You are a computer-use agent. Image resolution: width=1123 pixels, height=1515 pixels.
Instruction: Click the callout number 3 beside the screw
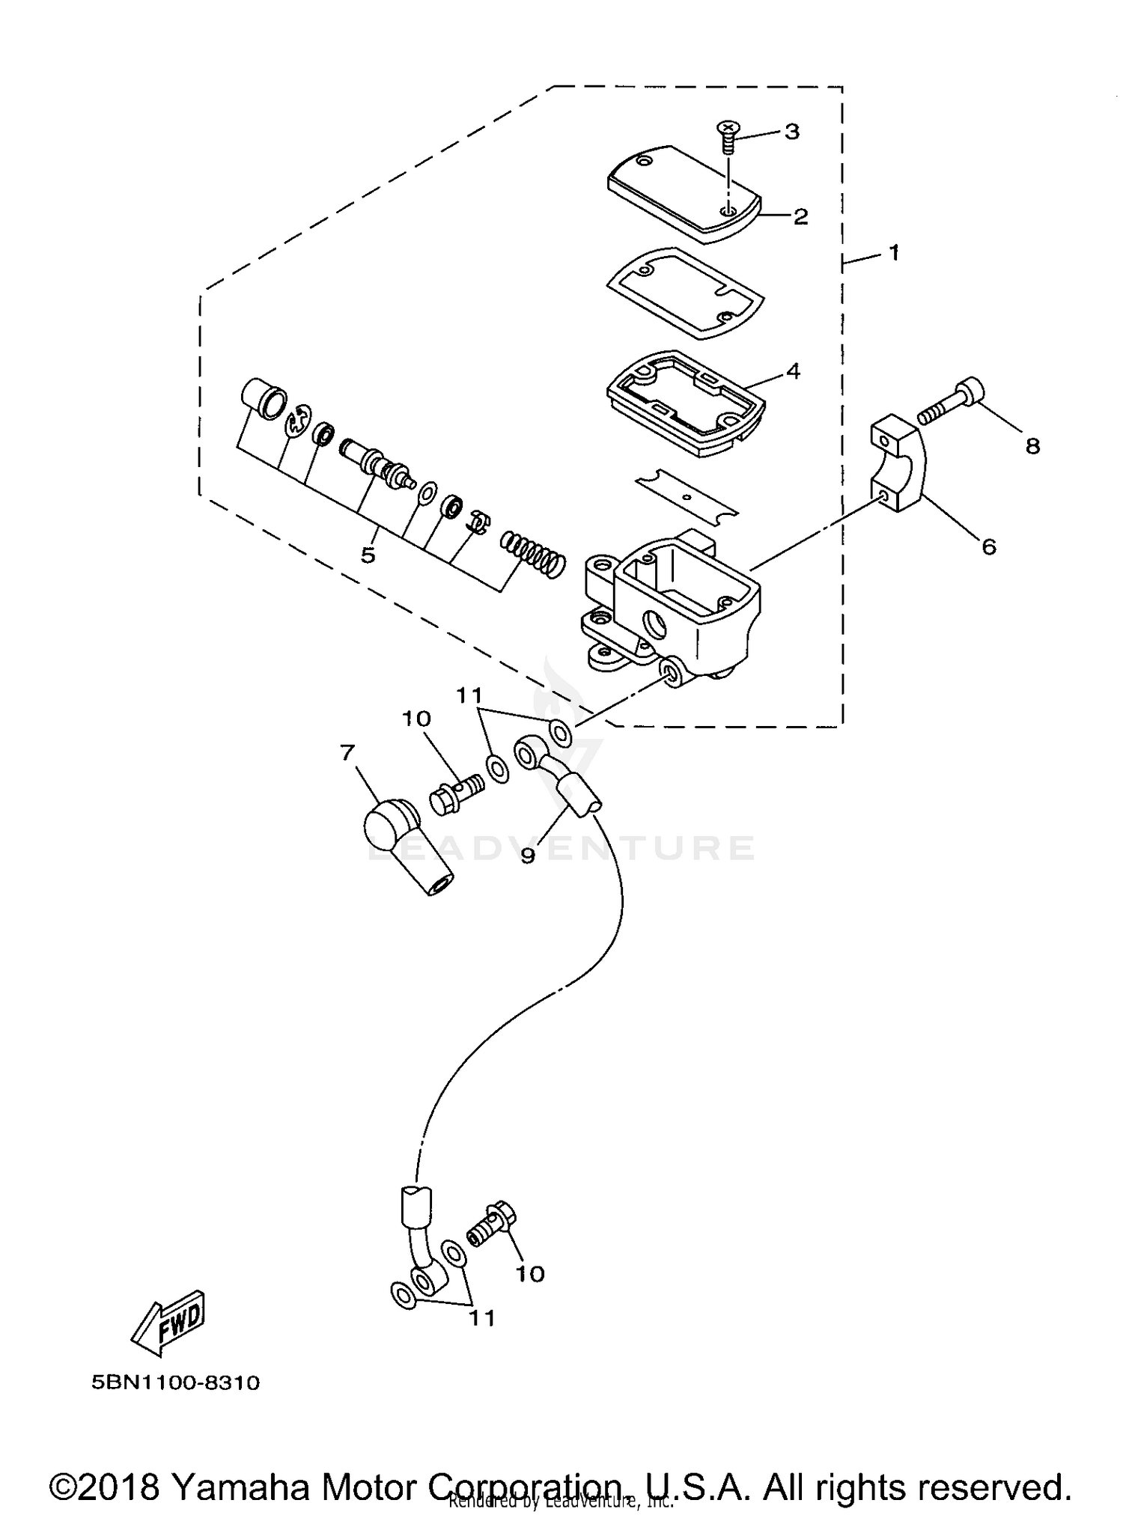[x=792, y=132]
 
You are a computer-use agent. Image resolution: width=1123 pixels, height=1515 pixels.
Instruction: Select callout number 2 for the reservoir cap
[x=800, y=217]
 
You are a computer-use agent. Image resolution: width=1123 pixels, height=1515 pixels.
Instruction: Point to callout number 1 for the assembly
[x=893, y=253]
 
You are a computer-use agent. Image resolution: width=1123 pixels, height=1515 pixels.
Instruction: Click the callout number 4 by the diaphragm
[x=793, y=371]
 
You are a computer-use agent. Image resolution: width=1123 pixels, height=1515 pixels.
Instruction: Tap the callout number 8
[x=1032, y=447]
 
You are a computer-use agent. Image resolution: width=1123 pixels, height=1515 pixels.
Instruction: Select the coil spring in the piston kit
[x=533, y=555]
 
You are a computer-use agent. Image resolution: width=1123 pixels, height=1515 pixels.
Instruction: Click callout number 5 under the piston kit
[x=368, y=555]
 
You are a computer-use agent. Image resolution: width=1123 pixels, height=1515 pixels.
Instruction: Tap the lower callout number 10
[x=530, y=1273]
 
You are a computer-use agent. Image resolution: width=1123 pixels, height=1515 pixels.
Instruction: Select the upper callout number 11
[x=469, y=696]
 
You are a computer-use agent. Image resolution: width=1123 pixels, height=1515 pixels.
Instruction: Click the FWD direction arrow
[x=168, y=1323]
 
